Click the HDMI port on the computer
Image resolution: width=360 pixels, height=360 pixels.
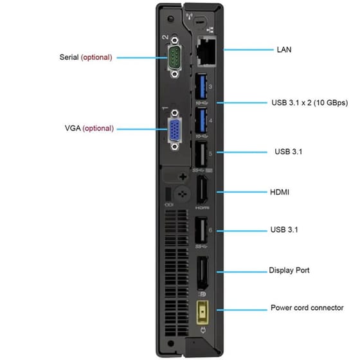tap(201, 192)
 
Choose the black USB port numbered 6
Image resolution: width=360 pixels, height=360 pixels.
tap(200, 231)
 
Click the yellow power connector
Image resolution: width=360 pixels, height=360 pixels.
tap(203, 310)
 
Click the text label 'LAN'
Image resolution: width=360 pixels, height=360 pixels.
tap(284, 49)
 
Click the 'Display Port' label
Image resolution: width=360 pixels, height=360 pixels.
tap(289, 271)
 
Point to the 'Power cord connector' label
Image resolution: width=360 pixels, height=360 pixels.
tap(307, 309)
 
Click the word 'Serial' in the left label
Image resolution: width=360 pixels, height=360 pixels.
tap(69, 57)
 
